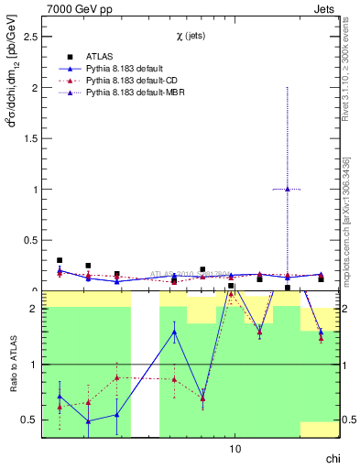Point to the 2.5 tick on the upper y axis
(27, 38)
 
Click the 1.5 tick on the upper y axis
(27, 139)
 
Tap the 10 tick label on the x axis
(235, 449)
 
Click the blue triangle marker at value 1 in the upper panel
(288, 190)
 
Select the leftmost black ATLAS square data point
(60, 260)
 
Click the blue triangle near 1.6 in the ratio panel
(174, 332)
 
